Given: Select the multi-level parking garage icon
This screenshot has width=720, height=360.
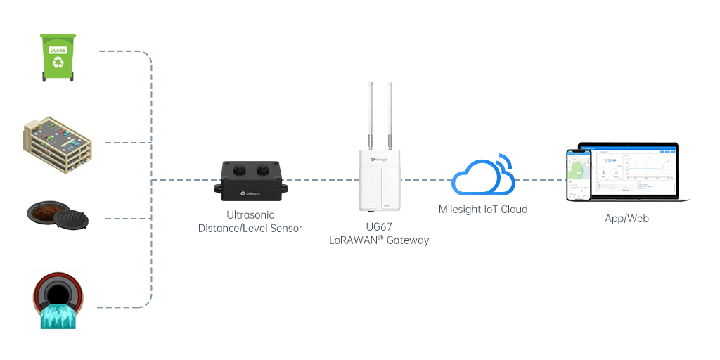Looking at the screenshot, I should click(x=58, y=143).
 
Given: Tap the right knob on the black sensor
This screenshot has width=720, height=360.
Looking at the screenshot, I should click(x=264, y=169).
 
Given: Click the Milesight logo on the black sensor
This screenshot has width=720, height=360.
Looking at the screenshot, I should click(x=250, y=191).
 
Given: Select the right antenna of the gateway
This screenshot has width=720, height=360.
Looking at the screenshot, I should click(x=389, y=112).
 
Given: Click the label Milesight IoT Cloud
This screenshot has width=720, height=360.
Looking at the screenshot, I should click(x=482, y=209).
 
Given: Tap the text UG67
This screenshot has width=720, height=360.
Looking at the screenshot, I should click(x=379, y=226).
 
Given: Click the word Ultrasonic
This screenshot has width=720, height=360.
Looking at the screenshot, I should click(x=250, y=214).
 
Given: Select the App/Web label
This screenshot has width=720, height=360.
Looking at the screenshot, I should click(x=626, y=219).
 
